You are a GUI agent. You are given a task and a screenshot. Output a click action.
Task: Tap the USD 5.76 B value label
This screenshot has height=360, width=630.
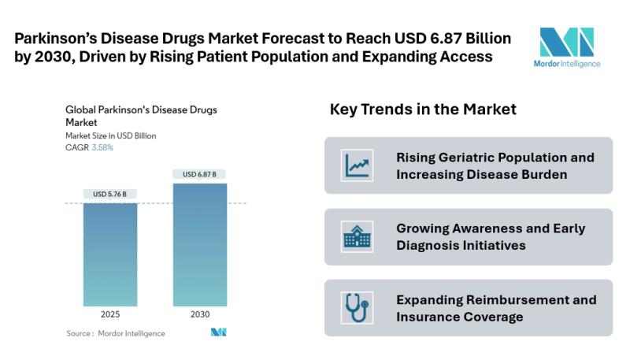(x=110, y=194)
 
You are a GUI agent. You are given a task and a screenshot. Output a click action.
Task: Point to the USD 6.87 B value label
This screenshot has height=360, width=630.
(x=200, y=174)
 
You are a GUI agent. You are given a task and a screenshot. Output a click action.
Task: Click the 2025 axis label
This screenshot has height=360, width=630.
(x=110, y=314)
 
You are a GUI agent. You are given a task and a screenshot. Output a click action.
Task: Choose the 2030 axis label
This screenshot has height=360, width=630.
(x=200, y=314)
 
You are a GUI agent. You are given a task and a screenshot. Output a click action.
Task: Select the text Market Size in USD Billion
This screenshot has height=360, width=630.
(x=110, y=135)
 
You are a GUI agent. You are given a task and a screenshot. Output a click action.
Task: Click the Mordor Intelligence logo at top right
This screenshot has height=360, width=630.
(x=565, y=47)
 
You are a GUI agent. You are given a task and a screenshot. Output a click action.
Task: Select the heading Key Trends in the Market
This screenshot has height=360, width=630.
(x=423, y=109)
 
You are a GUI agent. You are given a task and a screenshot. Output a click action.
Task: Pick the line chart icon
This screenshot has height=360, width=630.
(x=357, y=165)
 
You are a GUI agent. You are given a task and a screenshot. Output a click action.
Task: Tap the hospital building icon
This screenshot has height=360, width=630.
(x=357, y=236)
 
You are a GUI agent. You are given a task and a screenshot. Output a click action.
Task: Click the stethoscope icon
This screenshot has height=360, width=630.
(x=357, y=308)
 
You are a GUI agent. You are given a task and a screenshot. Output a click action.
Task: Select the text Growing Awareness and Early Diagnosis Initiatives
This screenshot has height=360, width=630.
(x=491, y=236)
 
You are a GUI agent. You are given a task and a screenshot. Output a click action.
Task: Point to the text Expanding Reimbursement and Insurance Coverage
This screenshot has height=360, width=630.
(x=496, y=308)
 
